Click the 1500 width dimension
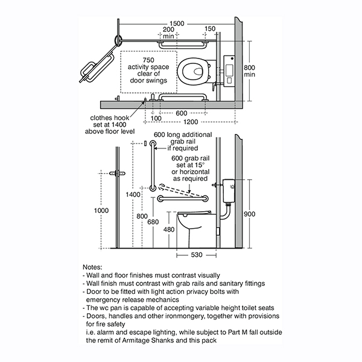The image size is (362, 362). (177, 24)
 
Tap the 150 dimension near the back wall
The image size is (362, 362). (210, 29)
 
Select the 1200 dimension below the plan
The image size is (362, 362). (191, 122)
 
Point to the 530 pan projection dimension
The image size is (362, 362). (197, 255)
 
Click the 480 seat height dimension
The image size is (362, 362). (169, 229)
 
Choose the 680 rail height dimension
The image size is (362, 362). (153, 222)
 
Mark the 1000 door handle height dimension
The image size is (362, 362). (101, 211)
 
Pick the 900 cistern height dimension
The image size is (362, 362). (250, 214)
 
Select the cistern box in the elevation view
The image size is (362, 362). (229, 191)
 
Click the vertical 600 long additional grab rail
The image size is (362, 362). (153, 166)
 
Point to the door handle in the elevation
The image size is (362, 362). (117, 173)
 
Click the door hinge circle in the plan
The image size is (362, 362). (118, 39)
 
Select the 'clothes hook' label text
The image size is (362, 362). (110, 118)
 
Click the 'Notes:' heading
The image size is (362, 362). (92, 267)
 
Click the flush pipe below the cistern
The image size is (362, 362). (225, 212)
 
